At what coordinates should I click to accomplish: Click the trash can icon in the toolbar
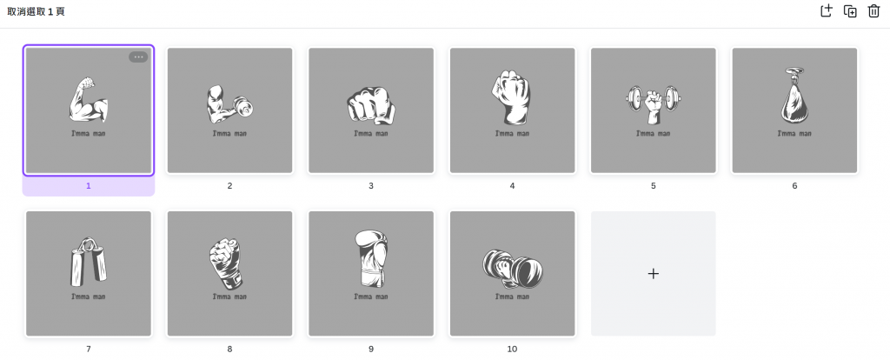873,11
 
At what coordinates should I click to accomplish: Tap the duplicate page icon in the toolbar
850,11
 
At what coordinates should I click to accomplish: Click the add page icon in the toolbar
827,10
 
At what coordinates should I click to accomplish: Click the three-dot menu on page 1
138,57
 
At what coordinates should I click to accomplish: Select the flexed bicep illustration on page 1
88,100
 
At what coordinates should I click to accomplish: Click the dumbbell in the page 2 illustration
243,106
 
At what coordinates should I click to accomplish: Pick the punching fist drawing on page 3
370,105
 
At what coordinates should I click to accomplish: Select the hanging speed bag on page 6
794,96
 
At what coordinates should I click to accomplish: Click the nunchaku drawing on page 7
89,262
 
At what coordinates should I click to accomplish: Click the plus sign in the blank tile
654,274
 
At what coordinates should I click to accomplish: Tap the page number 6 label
794,186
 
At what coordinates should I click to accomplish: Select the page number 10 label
512,350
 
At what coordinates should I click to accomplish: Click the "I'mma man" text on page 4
512,133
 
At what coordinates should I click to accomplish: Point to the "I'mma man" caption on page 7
89,297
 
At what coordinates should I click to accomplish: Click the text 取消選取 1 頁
36,11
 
